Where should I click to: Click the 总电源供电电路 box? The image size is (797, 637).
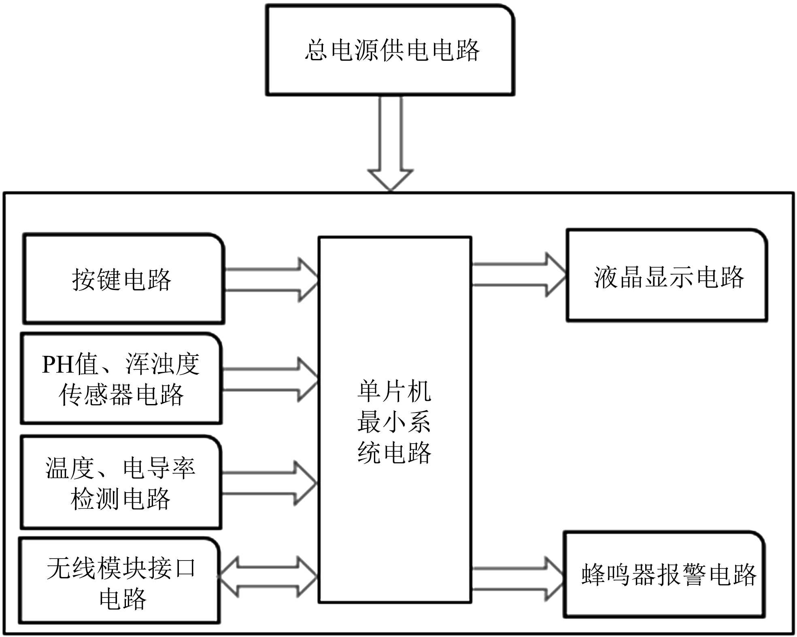point(390,51)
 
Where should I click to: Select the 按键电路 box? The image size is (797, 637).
point(123,279)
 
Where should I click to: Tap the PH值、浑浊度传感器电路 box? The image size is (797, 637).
point(121,379)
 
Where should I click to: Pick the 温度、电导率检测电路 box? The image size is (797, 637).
point(121,483)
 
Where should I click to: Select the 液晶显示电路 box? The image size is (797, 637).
point(667,276)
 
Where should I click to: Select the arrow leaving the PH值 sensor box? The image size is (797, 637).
point(270,379)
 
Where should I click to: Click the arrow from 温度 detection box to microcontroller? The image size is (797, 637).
point(269,483)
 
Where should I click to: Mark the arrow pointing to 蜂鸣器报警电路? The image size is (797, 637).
point(517,579)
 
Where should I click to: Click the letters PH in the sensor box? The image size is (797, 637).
point(58,364)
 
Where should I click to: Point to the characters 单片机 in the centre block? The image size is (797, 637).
point(394,392)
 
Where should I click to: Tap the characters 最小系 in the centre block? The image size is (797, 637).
point(394,422)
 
